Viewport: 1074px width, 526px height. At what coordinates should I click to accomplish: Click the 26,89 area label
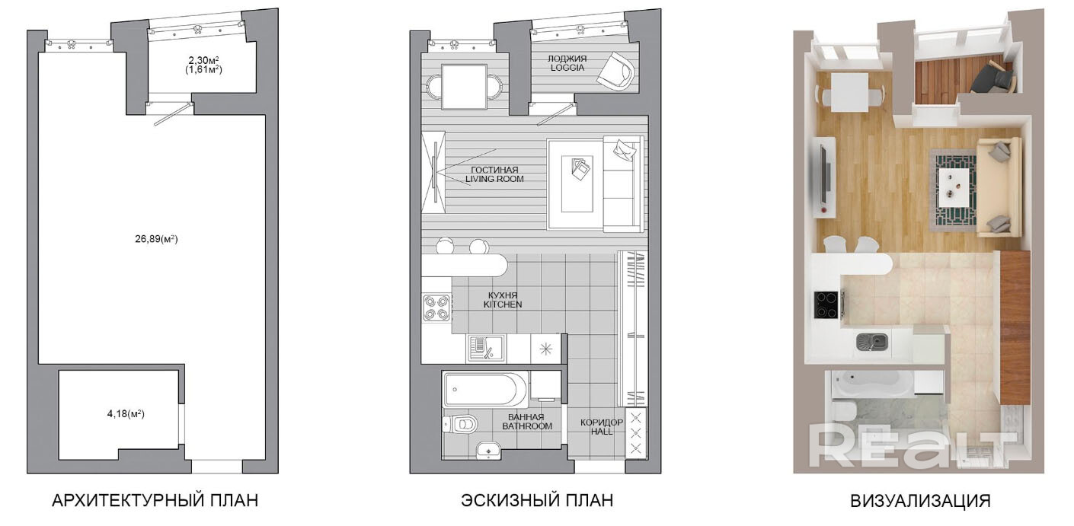156,238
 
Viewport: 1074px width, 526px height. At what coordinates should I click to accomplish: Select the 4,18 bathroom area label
126,413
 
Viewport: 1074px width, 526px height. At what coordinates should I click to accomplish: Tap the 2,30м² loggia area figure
204,60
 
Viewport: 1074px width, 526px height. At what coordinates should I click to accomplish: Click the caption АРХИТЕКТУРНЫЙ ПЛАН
155,501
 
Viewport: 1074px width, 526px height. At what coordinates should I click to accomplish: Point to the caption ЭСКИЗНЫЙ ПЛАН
537,501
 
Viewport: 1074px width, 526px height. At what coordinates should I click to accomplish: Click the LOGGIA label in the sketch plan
567,68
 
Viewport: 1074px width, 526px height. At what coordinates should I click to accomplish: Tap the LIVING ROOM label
494,179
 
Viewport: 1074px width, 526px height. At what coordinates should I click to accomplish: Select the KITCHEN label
503,304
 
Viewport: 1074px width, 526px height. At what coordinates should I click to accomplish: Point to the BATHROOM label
527,426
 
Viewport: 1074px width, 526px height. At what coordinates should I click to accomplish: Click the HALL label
602,431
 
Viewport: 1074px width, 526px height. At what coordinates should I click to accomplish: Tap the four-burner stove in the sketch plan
436,308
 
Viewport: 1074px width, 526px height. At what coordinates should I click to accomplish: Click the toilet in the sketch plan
460,424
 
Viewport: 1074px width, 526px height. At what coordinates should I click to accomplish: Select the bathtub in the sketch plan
485,390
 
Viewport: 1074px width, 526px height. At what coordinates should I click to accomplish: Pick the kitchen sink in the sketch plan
486,349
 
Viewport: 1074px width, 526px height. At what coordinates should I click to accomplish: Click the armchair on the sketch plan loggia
616,72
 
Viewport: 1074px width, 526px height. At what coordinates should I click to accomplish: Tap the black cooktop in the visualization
826,304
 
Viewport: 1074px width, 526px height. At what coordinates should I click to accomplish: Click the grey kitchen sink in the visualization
871,342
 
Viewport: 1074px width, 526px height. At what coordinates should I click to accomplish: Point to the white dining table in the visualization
849,92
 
